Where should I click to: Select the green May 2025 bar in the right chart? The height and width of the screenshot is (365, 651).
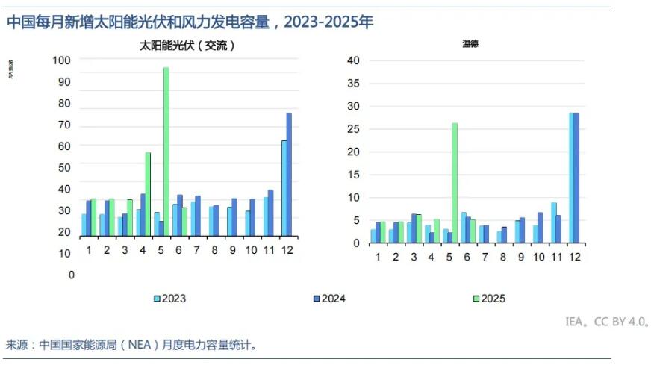455,183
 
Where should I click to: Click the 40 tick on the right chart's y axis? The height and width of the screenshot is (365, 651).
354,60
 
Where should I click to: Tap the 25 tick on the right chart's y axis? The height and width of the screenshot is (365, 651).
354,129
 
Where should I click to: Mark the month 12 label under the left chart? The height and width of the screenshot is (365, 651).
286,249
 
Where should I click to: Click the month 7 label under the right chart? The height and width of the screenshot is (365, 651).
485,257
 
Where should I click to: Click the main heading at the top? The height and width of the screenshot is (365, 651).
190,22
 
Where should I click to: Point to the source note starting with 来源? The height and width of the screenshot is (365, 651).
132,345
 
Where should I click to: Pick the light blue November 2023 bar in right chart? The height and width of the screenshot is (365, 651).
554,222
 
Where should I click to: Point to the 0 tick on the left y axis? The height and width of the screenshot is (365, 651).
72,275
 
